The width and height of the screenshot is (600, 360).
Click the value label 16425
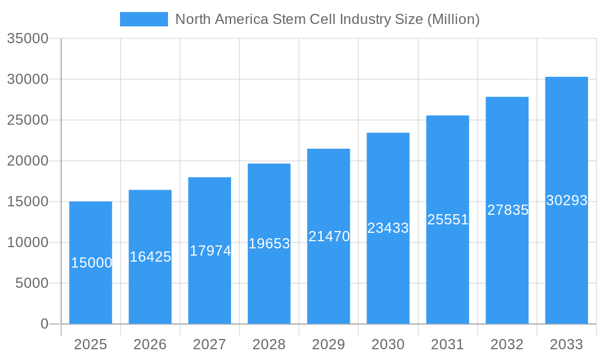(x=151, y=257)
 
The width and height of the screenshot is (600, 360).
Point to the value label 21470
(x=329, y=236)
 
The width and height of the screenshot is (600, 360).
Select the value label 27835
(x=508, y=210)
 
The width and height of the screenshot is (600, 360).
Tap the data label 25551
(x=448, y=220)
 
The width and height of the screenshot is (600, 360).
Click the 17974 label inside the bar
(x=210, y=251)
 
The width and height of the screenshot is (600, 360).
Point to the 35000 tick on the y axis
(x=27, y=38)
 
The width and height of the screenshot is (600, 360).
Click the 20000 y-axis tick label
(x=27, y=161)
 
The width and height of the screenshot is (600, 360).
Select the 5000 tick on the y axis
(x=32, y=283)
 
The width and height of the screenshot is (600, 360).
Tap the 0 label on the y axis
(x=44, y=324)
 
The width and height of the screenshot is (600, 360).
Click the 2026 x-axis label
(x=150, y=344)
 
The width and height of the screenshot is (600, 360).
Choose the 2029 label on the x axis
(x=329, y=344)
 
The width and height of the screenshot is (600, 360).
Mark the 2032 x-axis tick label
(x=507, y=344)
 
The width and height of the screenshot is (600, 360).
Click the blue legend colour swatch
(x=144, y=19)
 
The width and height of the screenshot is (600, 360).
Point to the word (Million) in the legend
(x=453, y=19)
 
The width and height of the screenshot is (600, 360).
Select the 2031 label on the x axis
(x=448, y=344)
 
